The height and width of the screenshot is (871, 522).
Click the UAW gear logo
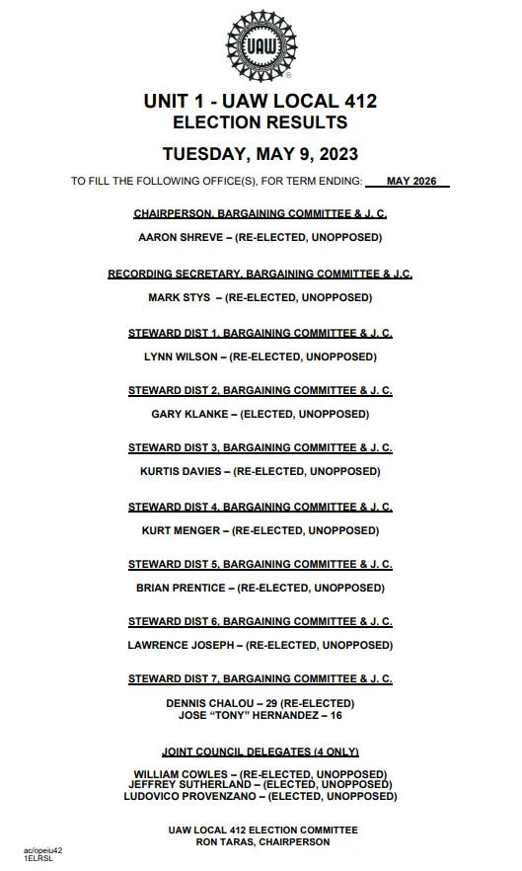point(261,46)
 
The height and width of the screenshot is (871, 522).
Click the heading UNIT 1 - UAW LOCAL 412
point(261,101)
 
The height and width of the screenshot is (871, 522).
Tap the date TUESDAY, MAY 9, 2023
point(261,154)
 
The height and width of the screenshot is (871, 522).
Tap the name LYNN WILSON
point(183,356)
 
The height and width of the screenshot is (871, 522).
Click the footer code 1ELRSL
point(38,859)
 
